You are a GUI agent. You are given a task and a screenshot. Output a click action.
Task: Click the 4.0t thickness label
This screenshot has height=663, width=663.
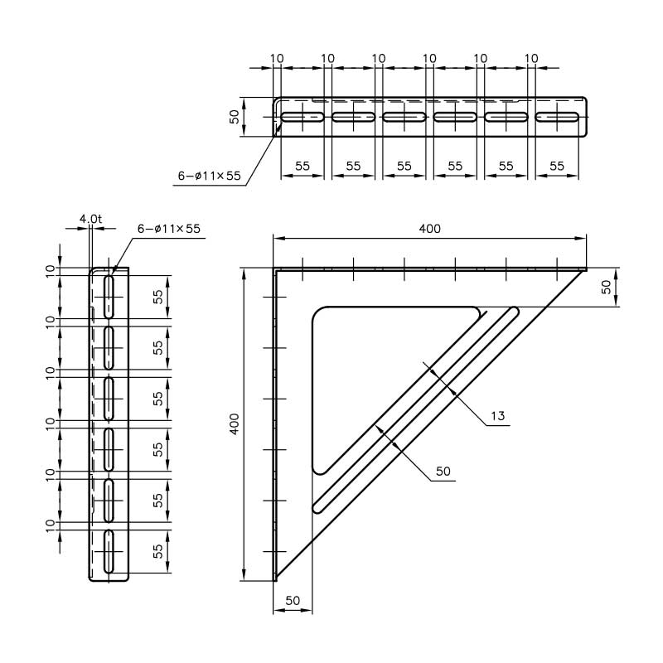[x=90, y=219]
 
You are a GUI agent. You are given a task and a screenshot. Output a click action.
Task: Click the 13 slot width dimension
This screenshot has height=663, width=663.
[x=497, y=415]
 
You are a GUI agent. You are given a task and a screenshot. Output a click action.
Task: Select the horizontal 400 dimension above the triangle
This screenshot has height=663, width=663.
[x=429, y=229]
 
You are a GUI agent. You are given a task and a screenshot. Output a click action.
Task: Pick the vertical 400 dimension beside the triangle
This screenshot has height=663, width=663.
[x=235, y=424]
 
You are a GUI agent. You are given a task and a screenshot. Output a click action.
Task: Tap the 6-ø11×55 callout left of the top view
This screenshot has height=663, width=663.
[x=209, y=176]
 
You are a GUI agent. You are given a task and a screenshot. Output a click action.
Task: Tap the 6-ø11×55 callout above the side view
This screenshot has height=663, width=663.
[x=169, y=228]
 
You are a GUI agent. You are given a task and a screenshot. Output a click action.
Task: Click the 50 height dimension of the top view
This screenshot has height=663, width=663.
[x=235, y=117]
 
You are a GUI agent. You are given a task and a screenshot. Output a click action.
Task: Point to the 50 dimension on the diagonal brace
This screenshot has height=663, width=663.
[x=443, y=471]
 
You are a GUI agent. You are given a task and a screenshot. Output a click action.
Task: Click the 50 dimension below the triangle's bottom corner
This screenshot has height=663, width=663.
[x=292, y=600]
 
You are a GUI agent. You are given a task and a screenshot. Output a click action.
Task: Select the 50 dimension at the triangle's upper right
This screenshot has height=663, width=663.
[x=607, y=287]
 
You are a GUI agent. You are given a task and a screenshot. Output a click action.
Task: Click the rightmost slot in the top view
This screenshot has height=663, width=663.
[x=557, y=117]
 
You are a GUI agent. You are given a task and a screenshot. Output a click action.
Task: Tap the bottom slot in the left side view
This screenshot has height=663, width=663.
[x=109, y=550]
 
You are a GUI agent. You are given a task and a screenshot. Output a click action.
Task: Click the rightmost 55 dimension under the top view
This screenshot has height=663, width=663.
[x=557, y=166]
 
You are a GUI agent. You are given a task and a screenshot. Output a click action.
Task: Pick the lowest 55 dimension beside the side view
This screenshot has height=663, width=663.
[x=157, y=550]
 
